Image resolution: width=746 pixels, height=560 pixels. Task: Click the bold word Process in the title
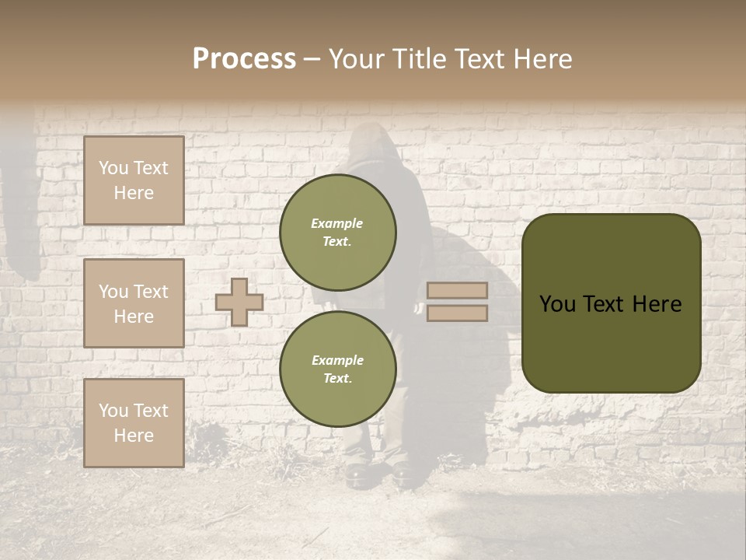coord(244,59)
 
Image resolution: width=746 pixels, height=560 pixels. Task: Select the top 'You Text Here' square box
coord(134,180)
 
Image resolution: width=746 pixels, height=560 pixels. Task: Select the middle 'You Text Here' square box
coord(134,303)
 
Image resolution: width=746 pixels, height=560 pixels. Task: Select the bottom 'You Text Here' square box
coord(134,423)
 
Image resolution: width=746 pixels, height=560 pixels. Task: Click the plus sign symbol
coord(239,302)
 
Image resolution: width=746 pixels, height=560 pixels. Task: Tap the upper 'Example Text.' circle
coord(338,232)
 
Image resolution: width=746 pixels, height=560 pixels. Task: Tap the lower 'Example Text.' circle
coord(338,369)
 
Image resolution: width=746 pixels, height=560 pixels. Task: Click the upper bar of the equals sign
coord(457,290)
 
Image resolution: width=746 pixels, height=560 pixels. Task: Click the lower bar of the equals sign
coord(457,313)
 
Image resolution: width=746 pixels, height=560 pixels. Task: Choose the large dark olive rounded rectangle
coord(612,303)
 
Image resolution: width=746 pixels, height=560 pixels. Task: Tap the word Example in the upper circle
coord(337,223)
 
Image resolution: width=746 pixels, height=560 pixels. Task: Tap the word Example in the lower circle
coord(337,360)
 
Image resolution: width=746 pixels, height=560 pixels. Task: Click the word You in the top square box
coord(113,168)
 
